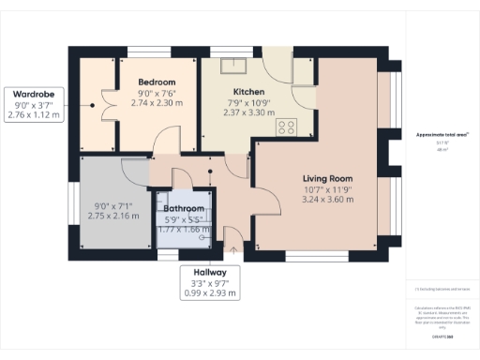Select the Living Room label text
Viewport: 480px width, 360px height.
point(326,177)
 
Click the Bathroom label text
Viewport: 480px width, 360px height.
point(184,208)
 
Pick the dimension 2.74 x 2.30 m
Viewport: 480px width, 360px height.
point(152,103)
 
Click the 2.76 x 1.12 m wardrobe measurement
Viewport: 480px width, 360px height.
point(33,115)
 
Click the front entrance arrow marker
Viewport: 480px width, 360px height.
point(232,249)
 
